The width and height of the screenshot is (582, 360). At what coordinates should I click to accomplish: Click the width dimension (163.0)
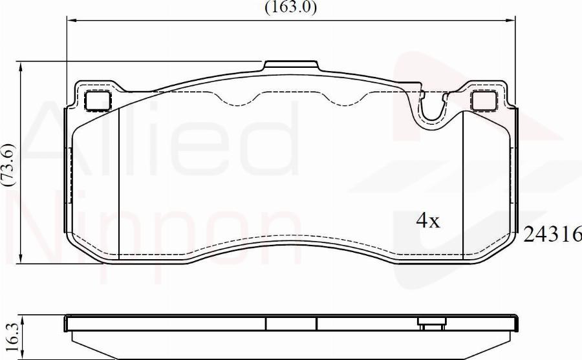click(x=290, y=8)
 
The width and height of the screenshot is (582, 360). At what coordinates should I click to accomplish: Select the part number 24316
click(x=552, y=234)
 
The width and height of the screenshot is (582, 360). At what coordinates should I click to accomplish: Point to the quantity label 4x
click(x=427, y=221)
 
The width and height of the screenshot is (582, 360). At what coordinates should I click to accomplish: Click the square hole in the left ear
click(x=98, y=100)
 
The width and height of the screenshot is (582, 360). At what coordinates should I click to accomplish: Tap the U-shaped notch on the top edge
click(x=433, y=110)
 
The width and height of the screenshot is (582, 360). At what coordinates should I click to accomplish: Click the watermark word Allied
click(x=162, y=139)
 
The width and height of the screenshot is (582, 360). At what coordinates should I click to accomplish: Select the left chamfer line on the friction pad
click(x=120, y=181)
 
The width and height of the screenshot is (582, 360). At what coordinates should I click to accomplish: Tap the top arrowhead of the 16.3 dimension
click(x=23, y=318)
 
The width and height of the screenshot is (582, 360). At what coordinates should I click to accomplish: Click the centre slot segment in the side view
click(x=291, y=323)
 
